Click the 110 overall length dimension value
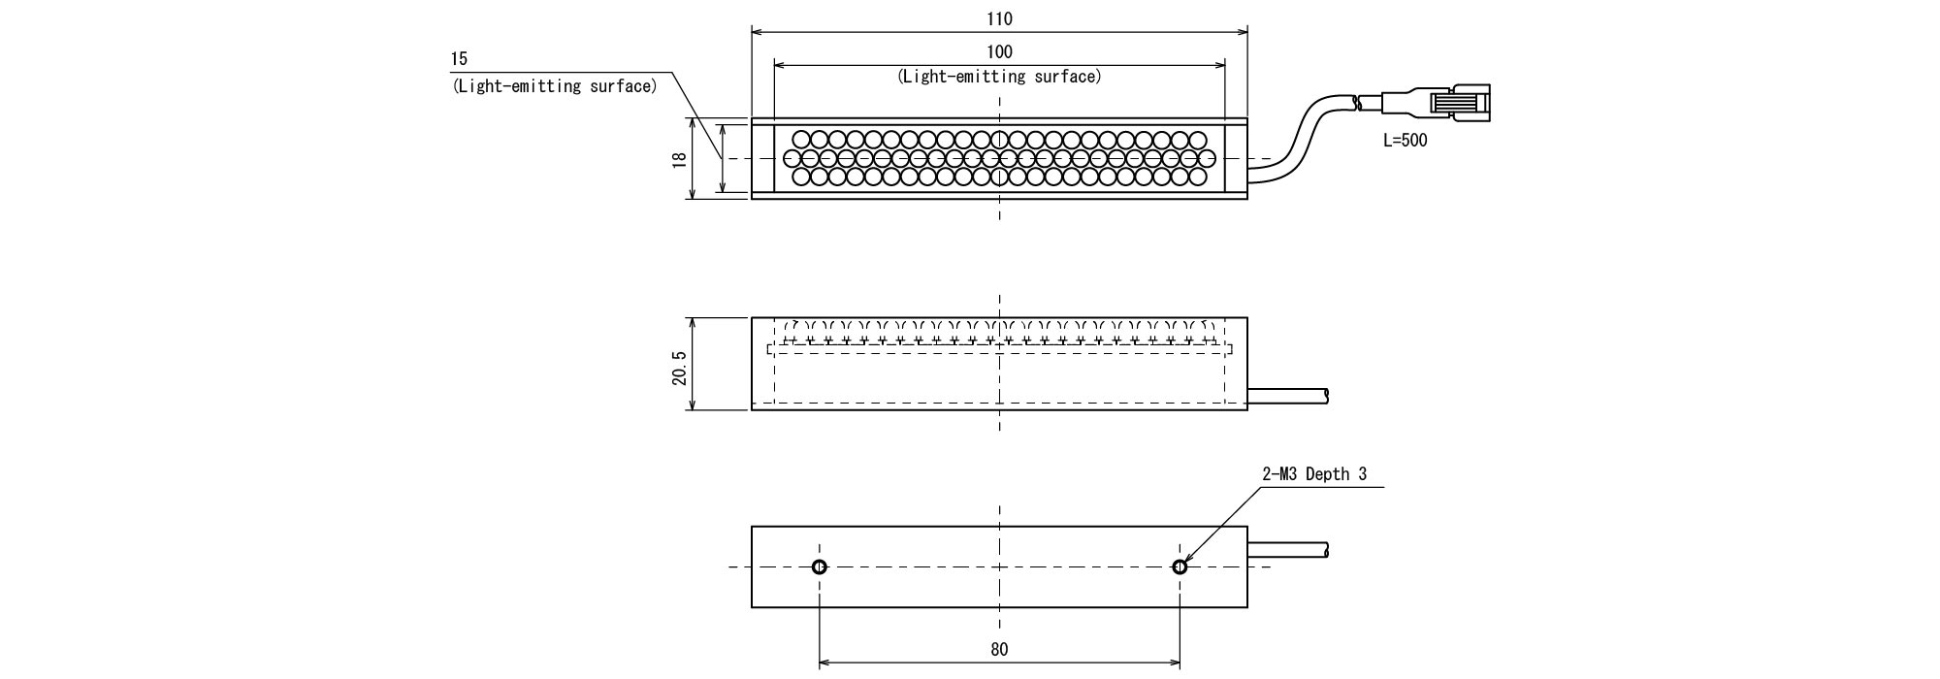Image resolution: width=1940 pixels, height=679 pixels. coord(999,19)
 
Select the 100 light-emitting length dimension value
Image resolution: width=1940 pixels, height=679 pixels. coord(999,52)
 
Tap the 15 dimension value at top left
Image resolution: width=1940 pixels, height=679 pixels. coord(459,59)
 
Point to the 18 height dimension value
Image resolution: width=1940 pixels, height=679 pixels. coord(679,159)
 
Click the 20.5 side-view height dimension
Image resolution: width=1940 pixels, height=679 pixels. coord(679,364)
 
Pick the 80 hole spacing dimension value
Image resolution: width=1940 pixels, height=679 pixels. coord(999,650)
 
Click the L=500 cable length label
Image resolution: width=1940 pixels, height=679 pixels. coord(1406,141)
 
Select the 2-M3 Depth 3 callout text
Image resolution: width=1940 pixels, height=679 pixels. coord(1314,474)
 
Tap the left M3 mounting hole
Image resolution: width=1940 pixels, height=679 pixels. coord(820,567)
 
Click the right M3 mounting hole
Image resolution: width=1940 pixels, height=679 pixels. coord(1180,567)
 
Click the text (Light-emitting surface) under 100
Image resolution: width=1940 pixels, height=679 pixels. coord(999,77)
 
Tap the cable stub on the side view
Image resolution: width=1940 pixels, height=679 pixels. coord(1288,395)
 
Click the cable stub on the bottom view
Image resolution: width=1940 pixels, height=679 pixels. coord(1288,550)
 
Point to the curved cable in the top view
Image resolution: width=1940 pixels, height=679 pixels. coord(1305,136)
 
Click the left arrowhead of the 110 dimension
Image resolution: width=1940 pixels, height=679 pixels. coord(757,31)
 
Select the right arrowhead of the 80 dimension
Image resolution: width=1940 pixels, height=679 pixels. coord(1175,663)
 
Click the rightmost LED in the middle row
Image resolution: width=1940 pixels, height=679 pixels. coord(1208,158)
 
